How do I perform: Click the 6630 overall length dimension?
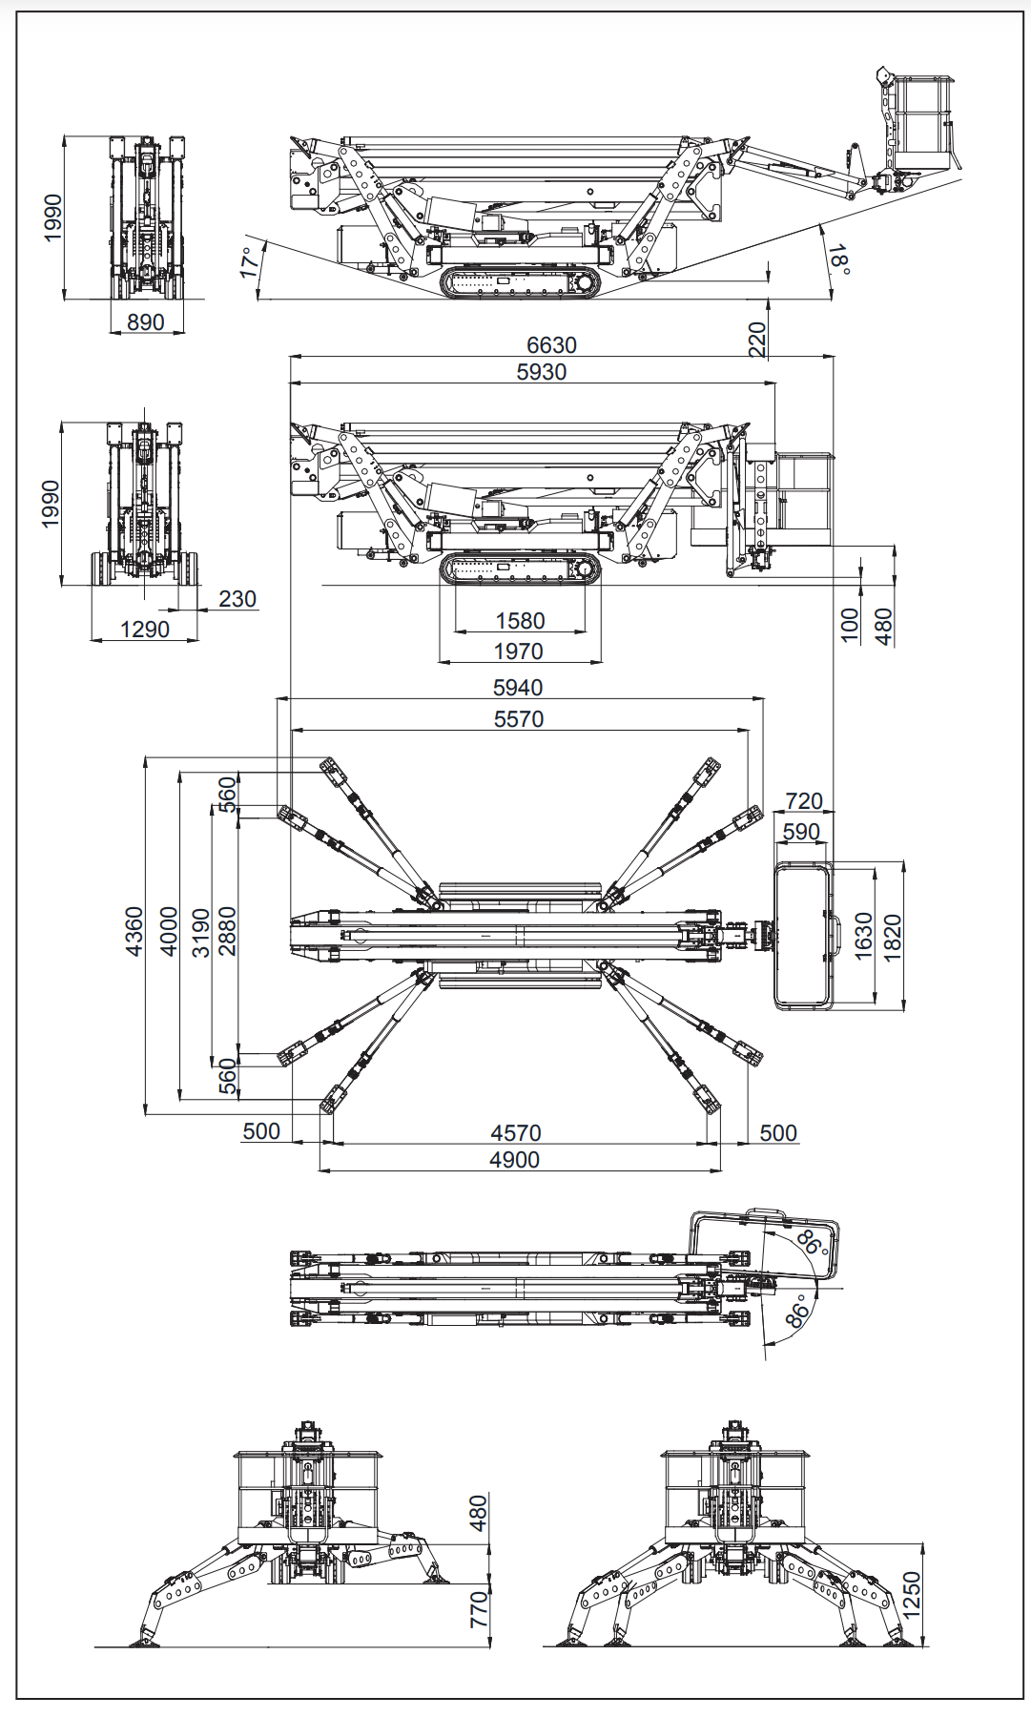click(551, 345)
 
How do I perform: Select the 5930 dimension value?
click(541, 372)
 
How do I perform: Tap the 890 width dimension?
click(145, 322)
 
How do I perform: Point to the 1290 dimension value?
click(145, 630)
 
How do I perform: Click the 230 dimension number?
click(237, 599)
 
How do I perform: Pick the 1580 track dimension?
click(520, 621)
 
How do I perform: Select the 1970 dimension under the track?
click(519, 652)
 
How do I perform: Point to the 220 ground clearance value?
click(757, 340)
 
